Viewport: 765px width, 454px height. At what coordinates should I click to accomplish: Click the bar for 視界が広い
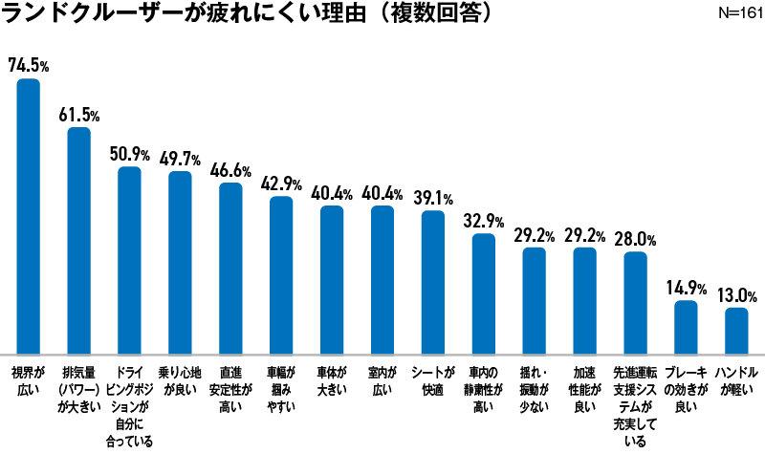[x=29, y=215]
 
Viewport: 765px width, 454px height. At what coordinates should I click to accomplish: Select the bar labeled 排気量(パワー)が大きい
[x=78, y=239]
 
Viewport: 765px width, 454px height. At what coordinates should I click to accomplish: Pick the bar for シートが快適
[x=433, y=281]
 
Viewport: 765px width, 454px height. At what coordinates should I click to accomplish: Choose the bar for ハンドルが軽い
[x=736, y=330]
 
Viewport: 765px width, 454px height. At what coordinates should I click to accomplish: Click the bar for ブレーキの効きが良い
[x=686, y=326]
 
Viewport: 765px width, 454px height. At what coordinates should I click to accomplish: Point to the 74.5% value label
[x=29, y=65]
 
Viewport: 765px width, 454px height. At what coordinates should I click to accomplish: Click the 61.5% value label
[x=78, y=114]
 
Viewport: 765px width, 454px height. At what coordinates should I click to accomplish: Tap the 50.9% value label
[x=129, y=154]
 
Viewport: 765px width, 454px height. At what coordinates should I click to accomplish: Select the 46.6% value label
[x=230, y=170]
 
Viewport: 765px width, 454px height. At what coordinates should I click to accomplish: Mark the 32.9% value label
[x=484, y=221]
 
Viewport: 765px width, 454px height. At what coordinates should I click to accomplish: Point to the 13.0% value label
[x=736, y=294]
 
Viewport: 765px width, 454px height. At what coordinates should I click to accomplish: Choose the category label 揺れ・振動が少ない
[x=534, y=380]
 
